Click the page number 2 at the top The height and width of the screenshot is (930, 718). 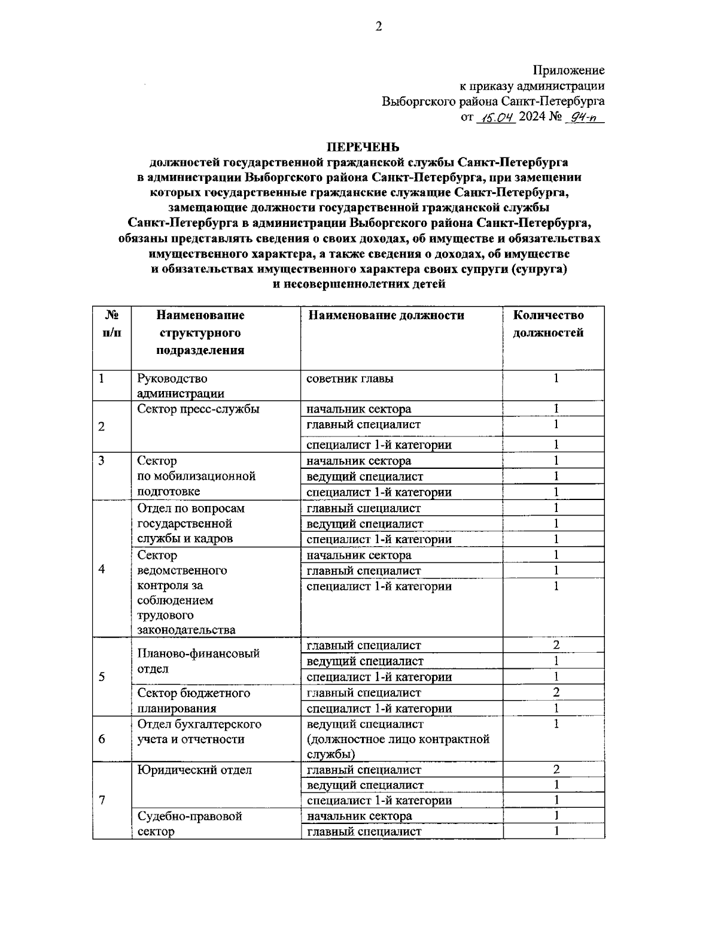coord(378,26)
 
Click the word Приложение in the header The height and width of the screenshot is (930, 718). coord(568,71)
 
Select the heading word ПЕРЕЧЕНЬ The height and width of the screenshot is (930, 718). coord(363,147)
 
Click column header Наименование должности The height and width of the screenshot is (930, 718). coord(386,316)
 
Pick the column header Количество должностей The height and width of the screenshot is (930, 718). coord(549,324)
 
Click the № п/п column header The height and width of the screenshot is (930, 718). coord(111,324)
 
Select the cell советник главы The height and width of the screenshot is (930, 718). coord(350,378)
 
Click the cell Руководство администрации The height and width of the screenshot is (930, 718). coord(180,386)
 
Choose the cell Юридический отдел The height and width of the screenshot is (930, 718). coord(194,770)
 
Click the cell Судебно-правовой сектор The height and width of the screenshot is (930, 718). coord(189,823)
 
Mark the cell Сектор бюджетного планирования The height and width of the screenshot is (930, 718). coord(193,701)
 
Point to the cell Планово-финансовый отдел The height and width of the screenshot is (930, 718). coord(198,661)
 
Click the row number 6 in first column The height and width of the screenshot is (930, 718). coord(102,739)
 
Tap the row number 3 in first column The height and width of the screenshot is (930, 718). coord(102,461)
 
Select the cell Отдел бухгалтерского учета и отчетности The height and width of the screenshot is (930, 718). coord(199,732)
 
